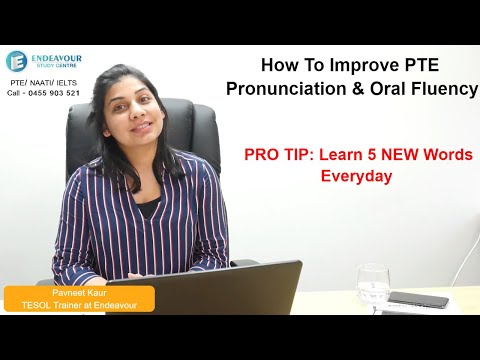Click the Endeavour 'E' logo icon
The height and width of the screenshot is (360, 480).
(x=18, y=62)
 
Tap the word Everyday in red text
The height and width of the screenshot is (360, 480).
(x=355, y=176)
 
